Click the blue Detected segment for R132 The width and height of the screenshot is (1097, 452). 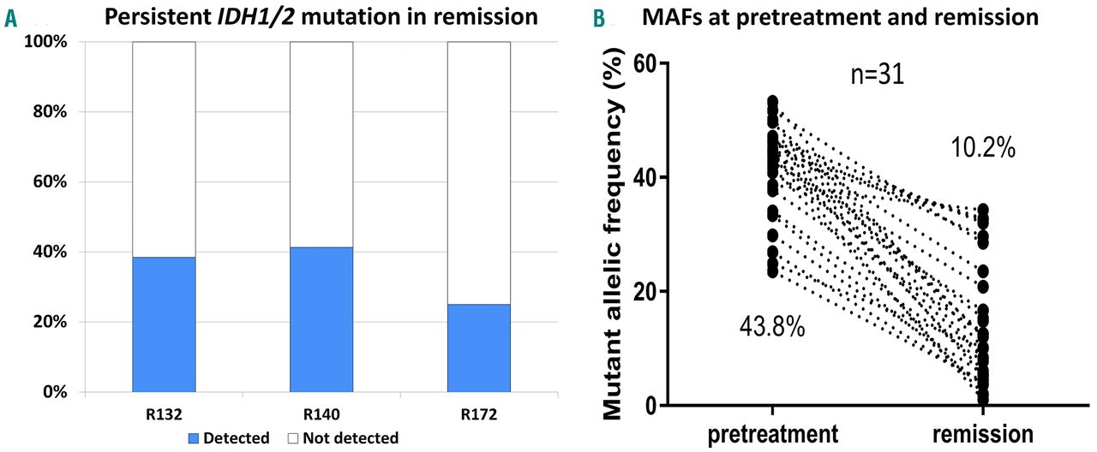coord(164,324)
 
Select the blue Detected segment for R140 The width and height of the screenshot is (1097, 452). coord(321,319)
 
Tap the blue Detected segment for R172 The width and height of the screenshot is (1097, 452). coord(479,348)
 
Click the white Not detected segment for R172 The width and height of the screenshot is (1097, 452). coord(479,171)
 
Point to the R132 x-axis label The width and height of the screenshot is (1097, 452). coord(164,415)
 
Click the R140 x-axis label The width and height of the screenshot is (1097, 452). coord(321,415)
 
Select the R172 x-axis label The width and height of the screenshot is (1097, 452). coord(479,415)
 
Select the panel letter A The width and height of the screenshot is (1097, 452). coord(9,17)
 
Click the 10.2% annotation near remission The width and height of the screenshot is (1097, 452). coord(982,148)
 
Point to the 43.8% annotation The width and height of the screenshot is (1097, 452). coord(771,326)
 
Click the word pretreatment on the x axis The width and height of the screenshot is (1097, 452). coord(772,434)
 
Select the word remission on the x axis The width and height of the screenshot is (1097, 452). coord(982,434)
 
